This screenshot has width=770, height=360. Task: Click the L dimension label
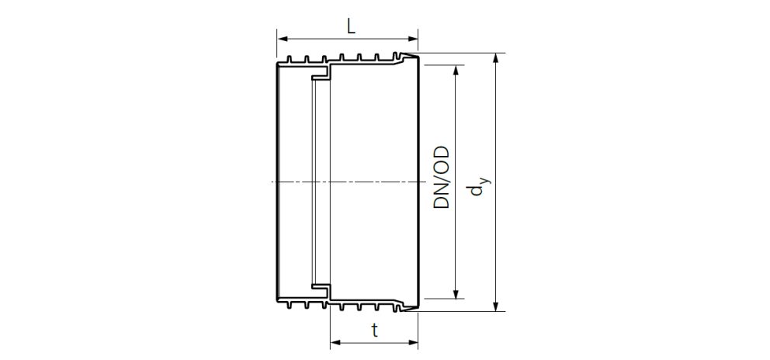(351, 26)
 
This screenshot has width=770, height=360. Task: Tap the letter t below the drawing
(375, 331)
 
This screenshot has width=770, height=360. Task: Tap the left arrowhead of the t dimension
(335, 341)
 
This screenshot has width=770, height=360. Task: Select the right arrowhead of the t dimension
(414, 341)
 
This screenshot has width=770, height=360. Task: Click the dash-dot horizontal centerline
(349, 182)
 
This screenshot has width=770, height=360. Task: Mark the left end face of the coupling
(278, 182)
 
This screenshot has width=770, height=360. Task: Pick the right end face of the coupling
(419, 182)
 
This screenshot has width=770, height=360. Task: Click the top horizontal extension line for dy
(466, 53)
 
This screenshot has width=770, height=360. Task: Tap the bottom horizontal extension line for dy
(466, 311)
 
